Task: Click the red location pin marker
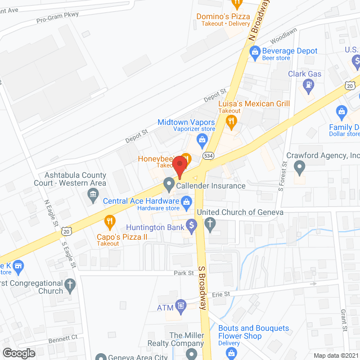[x=179, y=167]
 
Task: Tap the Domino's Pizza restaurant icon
[x=237, y=3]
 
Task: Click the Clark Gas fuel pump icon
[x=308, y=85]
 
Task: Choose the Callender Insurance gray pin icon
[x=168, y=184]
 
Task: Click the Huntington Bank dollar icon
[x=191, y=227]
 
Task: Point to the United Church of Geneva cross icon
[x=210, y=226]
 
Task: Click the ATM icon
[x=181, y=307]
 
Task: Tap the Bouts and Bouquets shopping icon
[x=229, y=353]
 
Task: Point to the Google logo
[x=18, y=353]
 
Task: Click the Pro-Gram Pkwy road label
[x=58, y=17]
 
